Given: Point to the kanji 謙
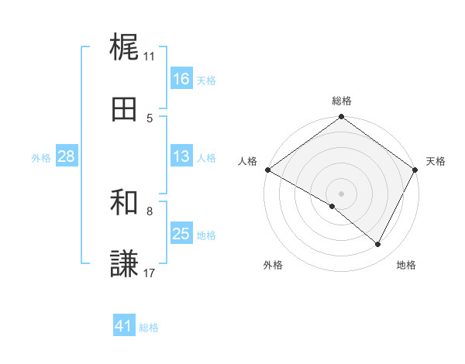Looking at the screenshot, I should point(125,264).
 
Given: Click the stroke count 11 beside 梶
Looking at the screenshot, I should point(150,56).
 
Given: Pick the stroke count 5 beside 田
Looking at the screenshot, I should point(150,118).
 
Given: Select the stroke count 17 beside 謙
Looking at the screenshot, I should point(150,273).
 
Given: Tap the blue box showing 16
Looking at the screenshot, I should point(181,79).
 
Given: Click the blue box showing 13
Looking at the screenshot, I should point(181,156).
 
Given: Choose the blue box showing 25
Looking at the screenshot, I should point(181,234).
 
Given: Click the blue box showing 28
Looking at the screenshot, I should point(67,156).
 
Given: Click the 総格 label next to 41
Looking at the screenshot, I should point(149,328).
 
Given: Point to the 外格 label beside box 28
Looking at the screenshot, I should point(41,157).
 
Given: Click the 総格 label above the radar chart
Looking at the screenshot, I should point(342,101).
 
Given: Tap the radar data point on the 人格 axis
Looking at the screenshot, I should point(267,170).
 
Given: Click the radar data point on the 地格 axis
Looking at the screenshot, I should point(378,245).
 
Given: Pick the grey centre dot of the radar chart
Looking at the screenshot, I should point(342,193).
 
